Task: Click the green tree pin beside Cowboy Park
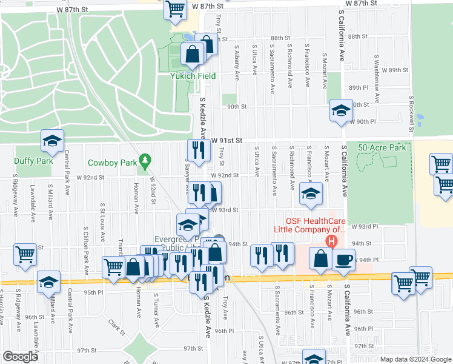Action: (144, 161)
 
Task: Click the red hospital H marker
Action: (331, 242)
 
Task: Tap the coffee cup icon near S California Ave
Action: (344, 259)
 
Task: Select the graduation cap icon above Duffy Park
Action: (52, 141)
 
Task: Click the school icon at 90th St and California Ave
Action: (341, 110)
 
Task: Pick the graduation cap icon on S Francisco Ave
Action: (311, 194)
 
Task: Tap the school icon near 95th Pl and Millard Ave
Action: (49, 282)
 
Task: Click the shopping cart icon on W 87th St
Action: (175, 8)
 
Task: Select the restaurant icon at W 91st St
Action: (197, 149)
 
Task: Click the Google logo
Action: (20, 357)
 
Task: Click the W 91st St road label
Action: (227, 140)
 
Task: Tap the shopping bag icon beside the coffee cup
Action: (320, 258)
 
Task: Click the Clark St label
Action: (116, 328)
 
